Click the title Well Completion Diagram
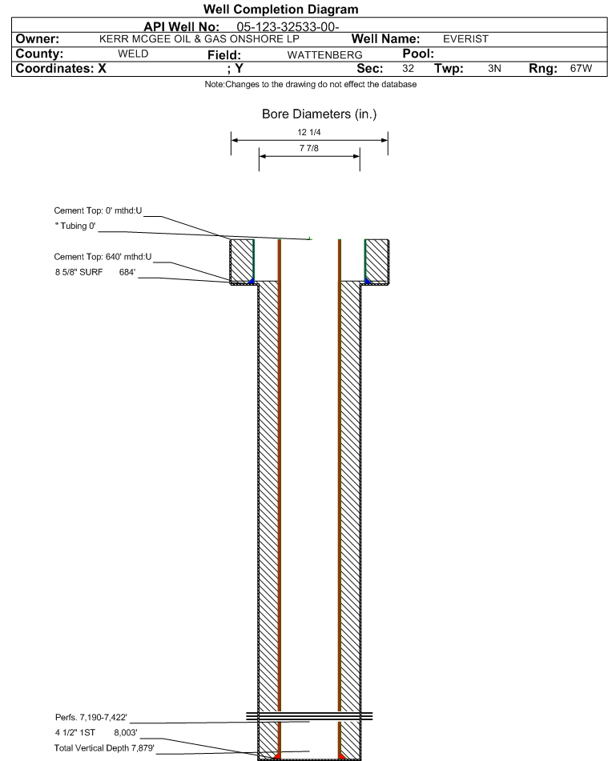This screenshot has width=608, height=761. pyautogui.click(x=281, y=10)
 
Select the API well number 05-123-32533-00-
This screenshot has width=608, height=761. pyautogui.click(x=288, y=26)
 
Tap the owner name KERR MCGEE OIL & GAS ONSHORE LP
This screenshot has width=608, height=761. pyautogui.click(x=199, y=39)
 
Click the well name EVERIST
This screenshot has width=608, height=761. pyautogui.click(x=465, y=39)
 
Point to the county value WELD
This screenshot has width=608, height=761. pyautogui.click(x=133, y=54)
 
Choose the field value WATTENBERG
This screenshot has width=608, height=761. pyautogui.click(x=324, y=55)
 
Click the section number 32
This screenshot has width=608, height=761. pyautogui.click(x=409, y=68)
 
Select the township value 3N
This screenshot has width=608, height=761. pyautogui.click(x=494, y=68)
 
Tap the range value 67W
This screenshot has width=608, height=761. pyautogui.click(x=582, y=68)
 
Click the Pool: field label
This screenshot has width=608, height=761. pyautogui.click(x=418, y=54)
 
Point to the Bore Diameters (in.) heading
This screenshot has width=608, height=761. pyautogui.click(x=320, y=114)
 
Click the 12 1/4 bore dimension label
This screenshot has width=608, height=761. pyautogui.click(x=309, y=132)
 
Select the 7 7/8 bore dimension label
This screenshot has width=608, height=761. pyautogui.click(x=309, y=148)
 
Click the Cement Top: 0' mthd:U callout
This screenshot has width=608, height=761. pyautogui.click(x=98, y=210)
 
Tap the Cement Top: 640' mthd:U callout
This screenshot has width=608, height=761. pyautogui.click(x=103, y=257)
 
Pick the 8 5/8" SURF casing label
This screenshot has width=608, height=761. pyautogui.click(x=79, y=272)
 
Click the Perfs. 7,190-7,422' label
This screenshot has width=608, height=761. pyautogui.click(x=91, y=717)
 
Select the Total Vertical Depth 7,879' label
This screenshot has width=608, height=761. pyautogui.click(x=104, y=748)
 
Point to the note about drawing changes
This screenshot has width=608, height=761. pyautogui.click(x=311, y=84)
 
